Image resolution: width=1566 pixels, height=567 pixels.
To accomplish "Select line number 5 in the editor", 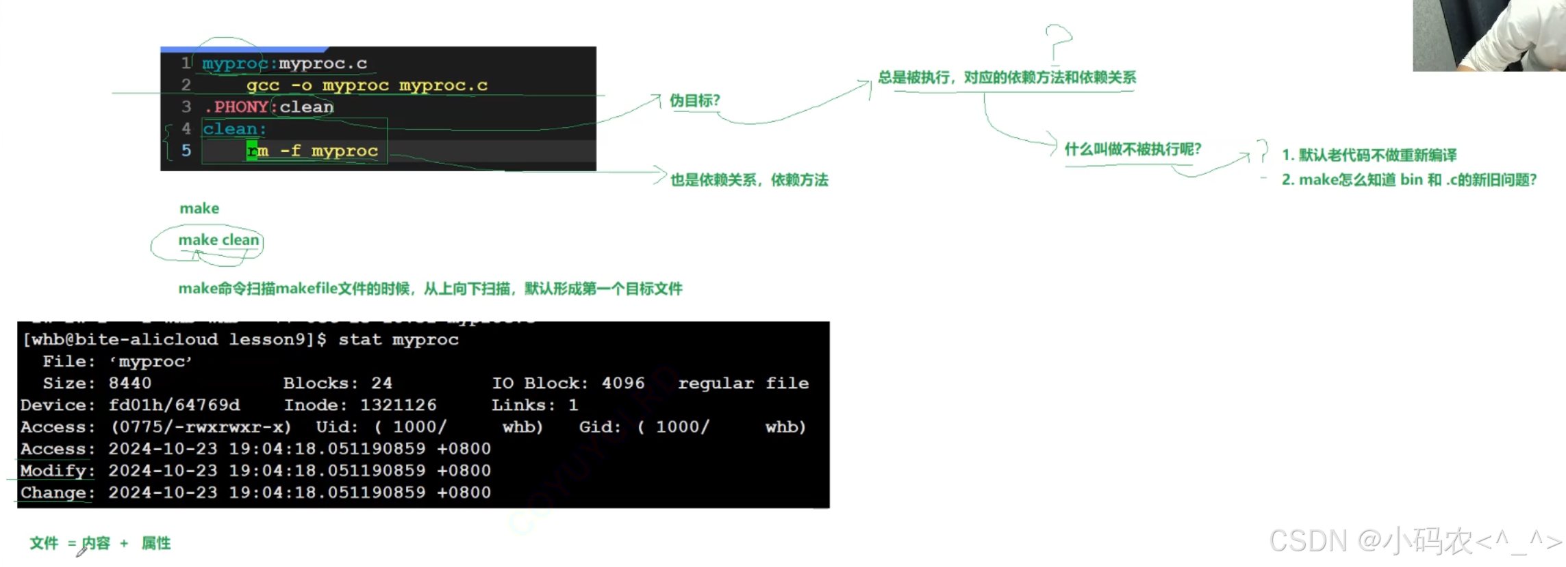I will coord(186,150).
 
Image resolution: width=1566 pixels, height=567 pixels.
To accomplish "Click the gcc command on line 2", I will coord(263,85).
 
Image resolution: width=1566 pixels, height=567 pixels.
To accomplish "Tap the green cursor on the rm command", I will coord(252,150).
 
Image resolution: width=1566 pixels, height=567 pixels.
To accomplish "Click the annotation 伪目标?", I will coord(694,101).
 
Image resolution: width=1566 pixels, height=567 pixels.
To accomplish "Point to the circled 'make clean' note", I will coord(218,240).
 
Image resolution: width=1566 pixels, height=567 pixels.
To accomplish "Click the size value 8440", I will coord(130,383).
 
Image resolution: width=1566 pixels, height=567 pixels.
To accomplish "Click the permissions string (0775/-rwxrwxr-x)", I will coord(201,427).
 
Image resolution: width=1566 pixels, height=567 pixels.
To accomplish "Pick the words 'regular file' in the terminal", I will coord(743,383).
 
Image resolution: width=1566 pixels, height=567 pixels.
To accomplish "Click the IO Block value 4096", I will coord(623,383).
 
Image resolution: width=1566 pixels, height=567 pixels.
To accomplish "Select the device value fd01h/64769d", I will coord(174,405).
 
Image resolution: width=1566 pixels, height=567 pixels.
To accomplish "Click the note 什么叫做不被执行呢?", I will coord(1133,149).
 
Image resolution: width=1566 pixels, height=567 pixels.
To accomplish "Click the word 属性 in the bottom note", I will coord(156,543).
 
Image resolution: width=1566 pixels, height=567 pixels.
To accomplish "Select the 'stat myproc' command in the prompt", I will coord(398,339).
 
